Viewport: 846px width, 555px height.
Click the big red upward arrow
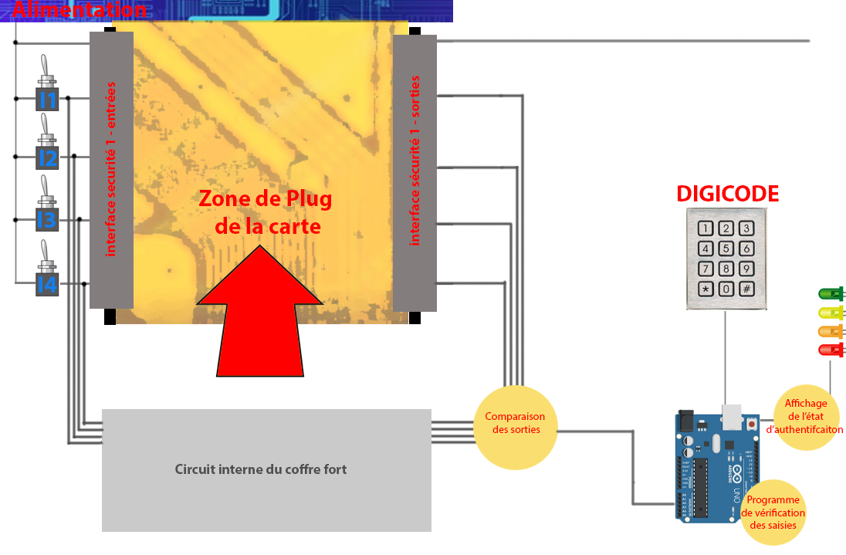point(260,316)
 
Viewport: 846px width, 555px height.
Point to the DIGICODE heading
point(727,194)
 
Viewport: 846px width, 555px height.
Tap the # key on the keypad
point(746,289)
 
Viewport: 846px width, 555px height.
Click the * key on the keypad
point(706,289)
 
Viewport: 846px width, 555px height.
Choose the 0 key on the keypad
point(726,289)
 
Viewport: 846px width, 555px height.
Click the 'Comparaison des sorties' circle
point(515,424)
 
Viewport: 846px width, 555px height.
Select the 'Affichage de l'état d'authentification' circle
point(806,417)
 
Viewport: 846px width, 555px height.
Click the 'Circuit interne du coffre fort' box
point(266,469)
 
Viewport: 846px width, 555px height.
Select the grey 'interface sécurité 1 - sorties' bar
point(415,172)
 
